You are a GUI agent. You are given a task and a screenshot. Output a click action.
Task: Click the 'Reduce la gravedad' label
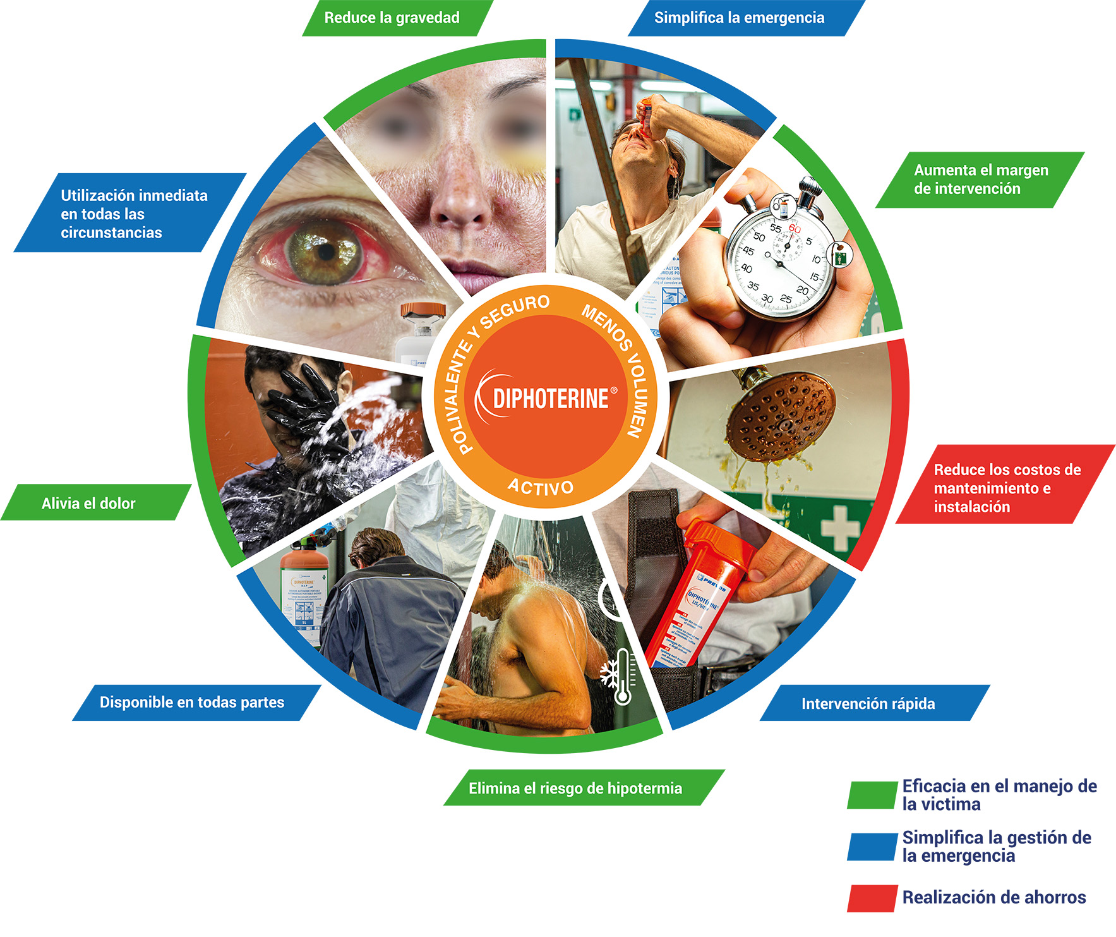(392, 18)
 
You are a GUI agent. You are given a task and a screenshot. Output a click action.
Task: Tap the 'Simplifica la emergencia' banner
(739, 18)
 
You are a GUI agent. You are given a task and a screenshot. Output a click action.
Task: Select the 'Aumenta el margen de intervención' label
(980, 179)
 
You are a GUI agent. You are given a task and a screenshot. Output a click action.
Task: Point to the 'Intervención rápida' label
(868, 703)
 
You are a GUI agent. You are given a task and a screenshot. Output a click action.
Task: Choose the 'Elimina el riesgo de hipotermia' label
(575, 788)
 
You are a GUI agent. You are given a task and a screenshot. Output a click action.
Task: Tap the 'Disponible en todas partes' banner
(192, 702)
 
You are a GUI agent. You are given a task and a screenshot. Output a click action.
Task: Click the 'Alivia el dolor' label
(89, 503)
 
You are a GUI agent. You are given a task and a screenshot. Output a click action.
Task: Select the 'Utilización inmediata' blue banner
(133, 214)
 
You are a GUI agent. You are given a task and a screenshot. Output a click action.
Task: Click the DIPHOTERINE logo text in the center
(550, 399)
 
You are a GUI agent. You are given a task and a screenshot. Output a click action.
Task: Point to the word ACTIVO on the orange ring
(541, 487)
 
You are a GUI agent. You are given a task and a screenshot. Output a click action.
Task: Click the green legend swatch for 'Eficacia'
(872, 795)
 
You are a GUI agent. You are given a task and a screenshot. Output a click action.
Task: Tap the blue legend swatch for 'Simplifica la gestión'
(872, 847)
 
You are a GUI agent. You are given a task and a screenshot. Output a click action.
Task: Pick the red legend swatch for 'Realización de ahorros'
(872, 898)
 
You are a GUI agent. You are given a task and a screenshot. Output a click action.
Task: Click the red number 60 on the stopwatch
(794, 228)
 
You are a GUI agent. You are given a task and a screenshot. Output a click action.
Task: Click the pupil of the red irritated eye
(327, 251)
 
